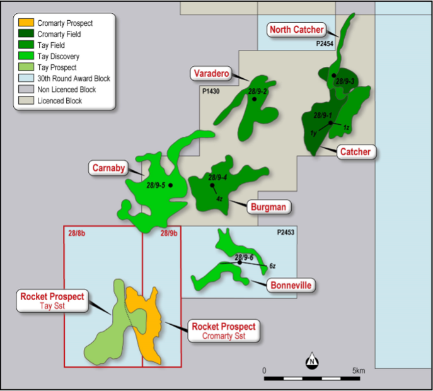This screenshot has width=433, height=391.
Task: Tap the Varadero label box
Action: tap(211, 74)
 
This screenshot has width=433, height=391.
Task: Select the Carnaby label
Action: tap(108, 168)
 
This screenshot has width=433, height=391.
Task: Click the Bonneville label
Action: tap(291, 286)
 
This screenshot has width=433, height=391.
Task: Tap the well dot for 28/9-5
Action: tap(170, 185)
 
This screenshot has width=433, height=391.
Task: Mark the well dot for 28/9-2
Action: tap(254, 99)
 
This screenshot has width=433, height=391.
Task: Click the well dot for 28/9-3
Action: tap(334, 76)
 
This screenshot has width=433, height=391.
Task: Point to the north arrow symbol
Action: tap(311, 361)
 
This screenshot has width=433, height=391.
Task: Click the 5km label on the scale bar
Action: tap(358, 370)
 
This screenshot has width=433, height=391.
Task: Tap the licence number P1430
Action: tap(212, 92)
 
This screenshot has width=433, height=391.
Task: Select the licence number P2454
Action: tap(326, 45)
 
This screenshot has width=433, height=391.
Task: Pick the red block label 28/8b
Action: tap(76, 233)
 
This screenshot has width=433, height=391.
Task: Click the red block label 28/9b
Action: tap(168, 233)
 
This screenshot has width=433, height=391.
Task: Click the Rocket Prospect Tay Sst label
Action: tap(52, 301)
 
